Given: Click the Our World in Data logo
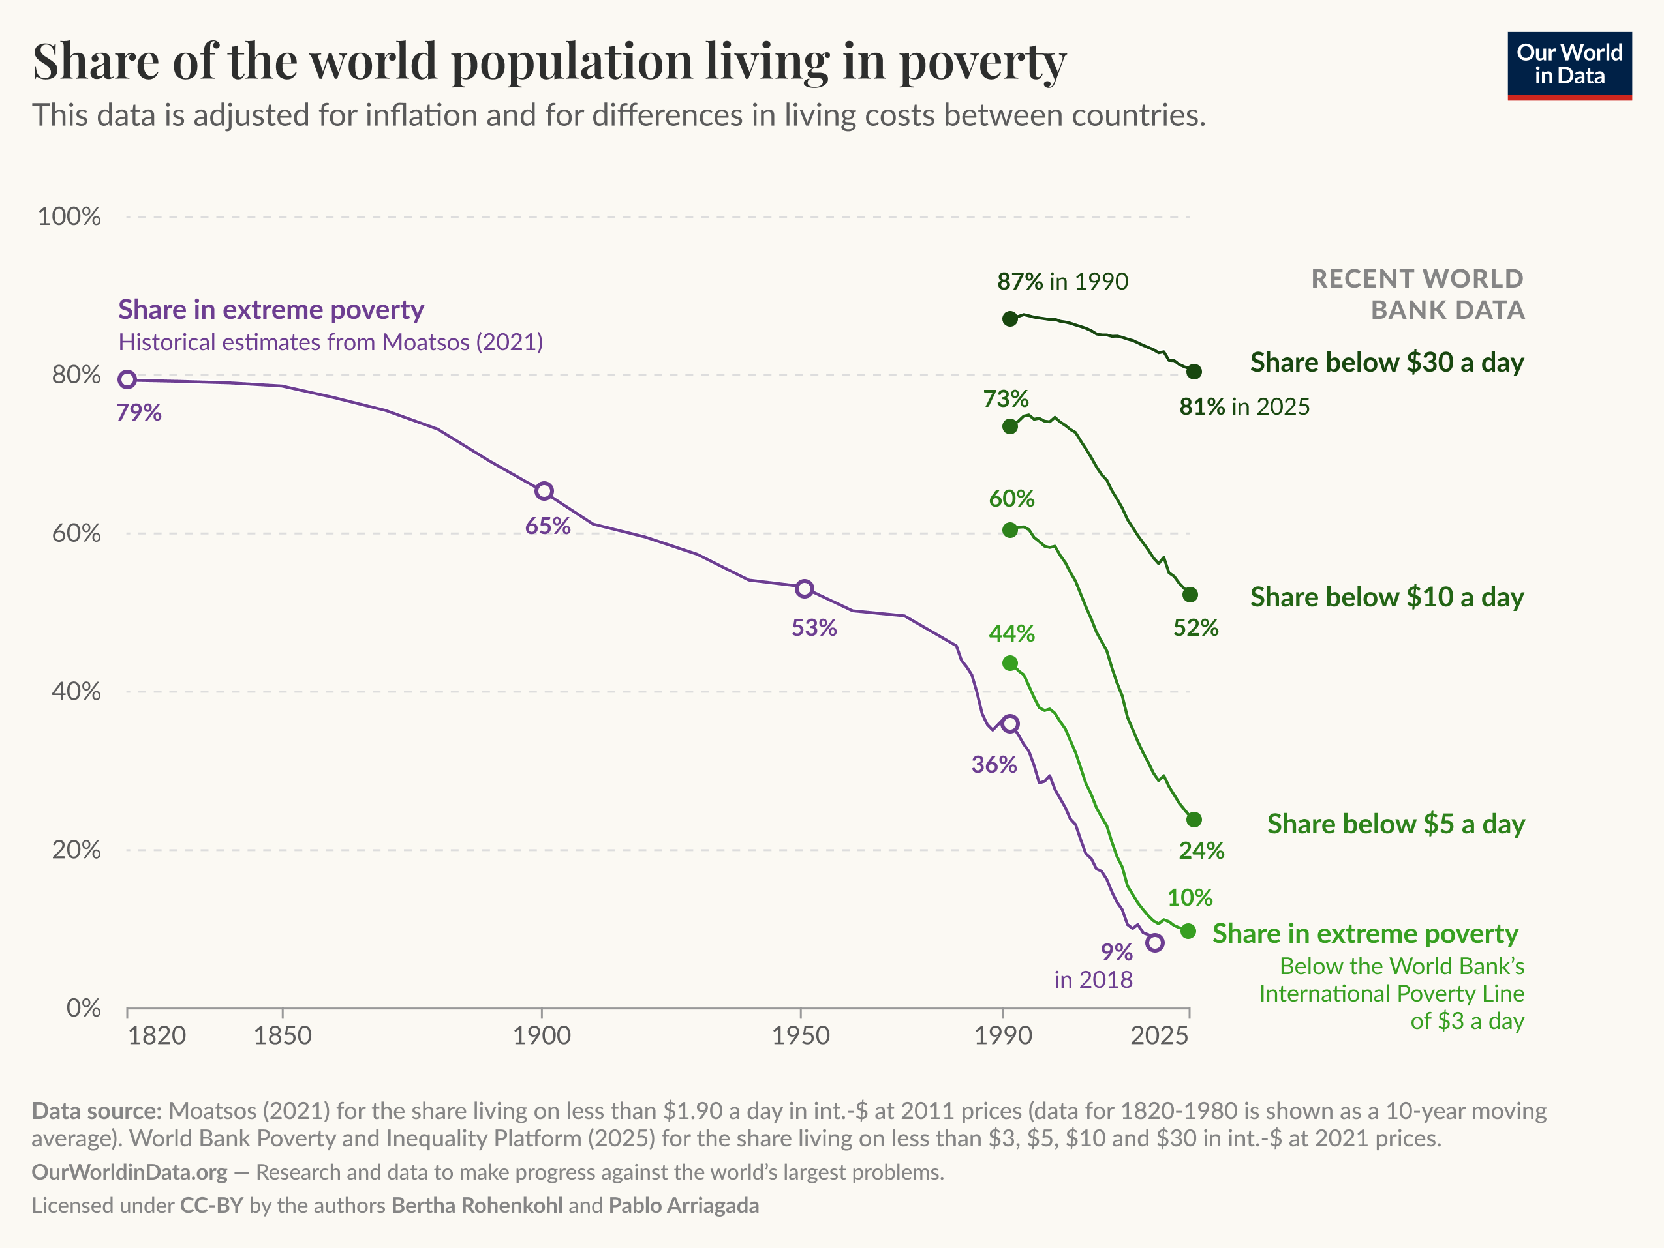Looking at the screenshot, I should tap(1569, 65).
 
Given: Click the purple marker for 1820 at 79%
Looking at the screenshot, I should tap(128, 379).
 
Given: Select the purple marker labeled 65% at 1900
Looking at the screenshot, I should tap(544, 492).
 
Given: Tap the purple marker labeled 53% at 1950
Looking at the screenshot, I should tap(805, 589).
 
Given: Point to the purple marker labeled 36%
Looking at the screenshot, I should tap(1010, 724).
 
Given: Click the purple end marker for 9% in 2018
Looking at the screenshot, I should tap(1156, 943).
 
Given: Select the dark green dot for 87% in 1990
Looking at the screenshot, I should tap(1010, 319).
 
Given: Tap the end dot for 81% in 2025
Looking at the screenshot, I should tap(1194, 372).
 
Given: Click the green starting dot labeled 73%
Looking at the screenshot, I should tap(1010, 427).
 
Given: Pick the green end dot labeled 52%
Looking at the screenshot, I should tap(1190, 595).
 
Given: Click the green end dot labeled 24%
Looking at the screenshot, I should tap(1194, 820).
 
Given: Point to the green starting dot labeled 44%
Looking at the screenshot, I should tap(1010, 663).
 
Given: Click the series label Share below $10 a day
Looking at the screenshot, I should tap(1387, 597).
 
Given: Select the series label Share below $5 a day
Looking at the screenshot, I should tap(1395, 824).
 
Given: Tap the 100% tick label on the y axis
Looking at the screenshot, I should tap(69, 216).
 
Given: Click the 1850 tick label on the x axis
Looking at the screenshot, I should tap(283, 1036).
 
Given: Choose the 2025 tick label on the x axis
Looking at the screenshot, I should tap(1159, 1036).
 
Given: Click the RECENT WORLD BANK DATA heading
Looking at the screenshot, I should tap(1418, 294).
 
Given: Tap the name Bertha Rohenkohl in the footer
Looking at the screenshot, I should tap(477, 1206).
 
